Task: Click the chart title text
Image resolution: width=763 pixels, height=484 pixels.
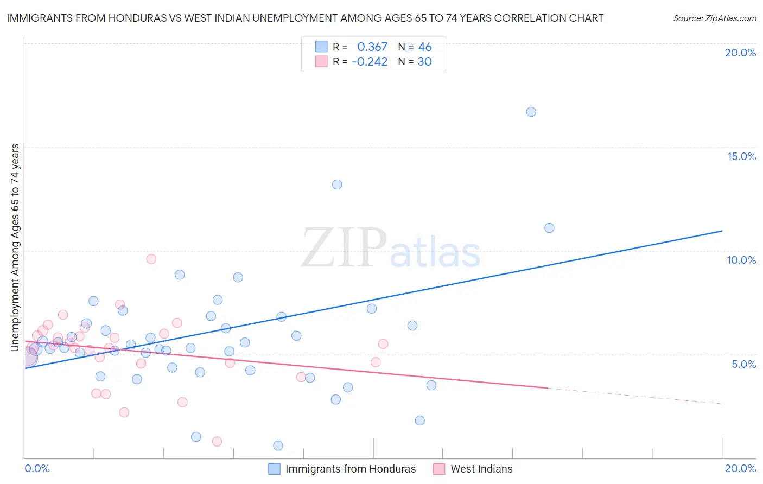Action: point(305,18)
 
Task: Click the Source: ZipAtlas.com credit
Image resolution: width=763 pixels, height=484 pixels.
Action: point(714,18)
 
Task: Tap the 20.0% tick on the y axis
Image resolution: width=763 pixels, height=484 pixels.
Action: point(740,53)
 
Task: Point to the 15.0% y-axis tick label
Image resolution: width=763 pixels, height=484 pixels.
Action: point(741,156)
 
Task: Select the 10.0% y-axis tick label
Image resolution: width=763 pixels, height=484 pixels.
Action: point(741,260)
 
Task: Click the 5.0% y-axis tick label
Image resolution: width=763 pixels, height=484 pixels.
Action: point(743,364)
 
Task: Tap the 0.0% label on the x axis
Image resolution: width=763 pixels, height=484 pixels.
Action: point(37,468)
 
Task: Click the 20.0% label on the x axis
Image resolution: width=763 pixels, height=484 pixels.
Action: point(740,468)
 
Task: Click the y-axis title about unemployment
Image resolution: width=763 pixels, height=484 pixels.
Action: point(15,247)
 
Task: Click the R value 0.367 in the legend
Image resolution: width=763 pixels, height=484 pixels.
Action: point(372,47)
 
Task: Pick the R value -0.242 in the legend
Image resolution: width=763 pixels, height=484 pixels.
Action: point(370,62)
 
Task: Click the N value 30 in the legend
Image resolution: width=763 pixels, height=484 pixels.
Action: point(424,62)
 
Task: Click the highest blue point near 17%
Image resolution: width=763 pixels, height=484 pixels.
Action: point(531,112)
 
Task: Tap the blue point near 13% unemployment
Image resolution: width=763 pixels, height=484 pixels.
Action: point(337,184)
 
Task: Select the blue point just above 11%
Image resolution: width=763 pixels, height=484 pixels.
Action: point(549,228)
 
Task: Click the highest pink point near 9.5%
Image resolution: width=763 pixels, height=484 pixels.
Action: point(151,259)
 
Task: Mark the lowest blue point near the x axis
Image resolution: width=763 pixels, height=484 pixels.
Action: point(278,445)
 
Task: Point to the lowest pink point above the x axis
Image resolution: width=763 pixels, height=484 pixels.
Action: point(217,442)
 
